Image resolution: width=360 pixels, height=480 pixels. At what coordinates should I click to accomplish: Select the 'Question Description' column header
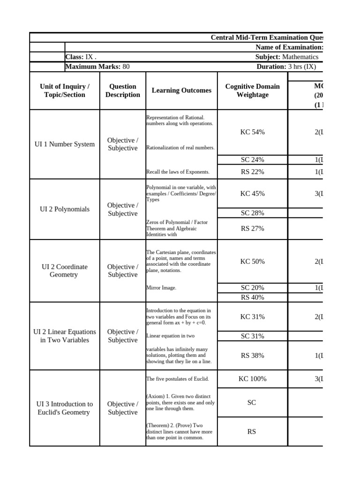[122, 90]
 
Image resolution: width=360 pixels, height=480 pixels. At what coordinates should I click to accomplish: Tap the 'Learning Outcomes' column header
[181, 90]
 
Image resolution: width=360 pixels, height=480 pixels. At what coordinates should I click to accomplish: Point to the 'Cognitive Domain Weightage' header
[252, 90]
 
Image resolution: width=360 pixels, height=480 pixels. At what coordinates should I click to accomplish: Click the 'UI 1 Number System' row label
[64, 144]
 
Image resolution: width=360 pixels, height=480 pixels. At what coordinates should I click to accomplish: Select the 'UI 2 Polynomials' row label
[64, 209]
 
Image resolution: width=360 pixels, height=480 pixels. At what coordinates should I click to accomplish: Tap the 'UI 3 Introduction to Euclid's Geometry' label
[64, 408]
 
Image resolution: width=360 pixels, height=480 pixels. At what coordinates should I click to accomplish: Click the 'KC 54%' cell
[252, 132]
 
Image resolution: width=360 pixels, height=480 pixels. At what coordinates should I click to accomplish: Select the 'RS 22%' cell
[252, 172]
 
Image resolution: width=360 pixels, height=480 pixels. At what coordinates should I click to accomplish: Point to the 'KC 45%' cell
[252, 193]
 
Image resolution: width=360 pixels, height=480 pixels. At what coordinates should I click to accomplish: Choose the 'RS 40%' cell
[252, 297]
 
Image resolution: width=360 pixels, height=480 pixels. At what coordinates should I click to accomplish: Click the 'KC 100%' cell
[252, 379]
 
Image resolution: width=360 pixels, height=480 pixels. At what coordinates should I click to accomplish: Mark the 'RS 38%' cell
[252, 355]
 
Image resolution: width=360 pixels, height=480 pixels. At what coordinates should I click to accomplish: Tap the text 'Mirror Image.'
[161, 288]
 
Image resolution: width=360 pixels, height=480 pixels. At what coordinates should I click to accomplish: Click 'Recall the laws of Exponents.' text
[178, 172]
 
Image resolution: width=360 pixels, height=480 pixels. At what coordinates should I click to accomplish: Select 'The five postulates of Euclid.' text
[178, 379]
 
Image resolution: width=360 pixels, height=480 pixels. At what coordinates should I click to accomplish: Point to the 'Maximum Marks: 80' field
[97, 67]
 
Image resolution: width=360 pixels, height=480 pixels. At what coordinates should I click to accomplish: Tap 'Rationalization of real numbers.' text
[180, 148]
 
